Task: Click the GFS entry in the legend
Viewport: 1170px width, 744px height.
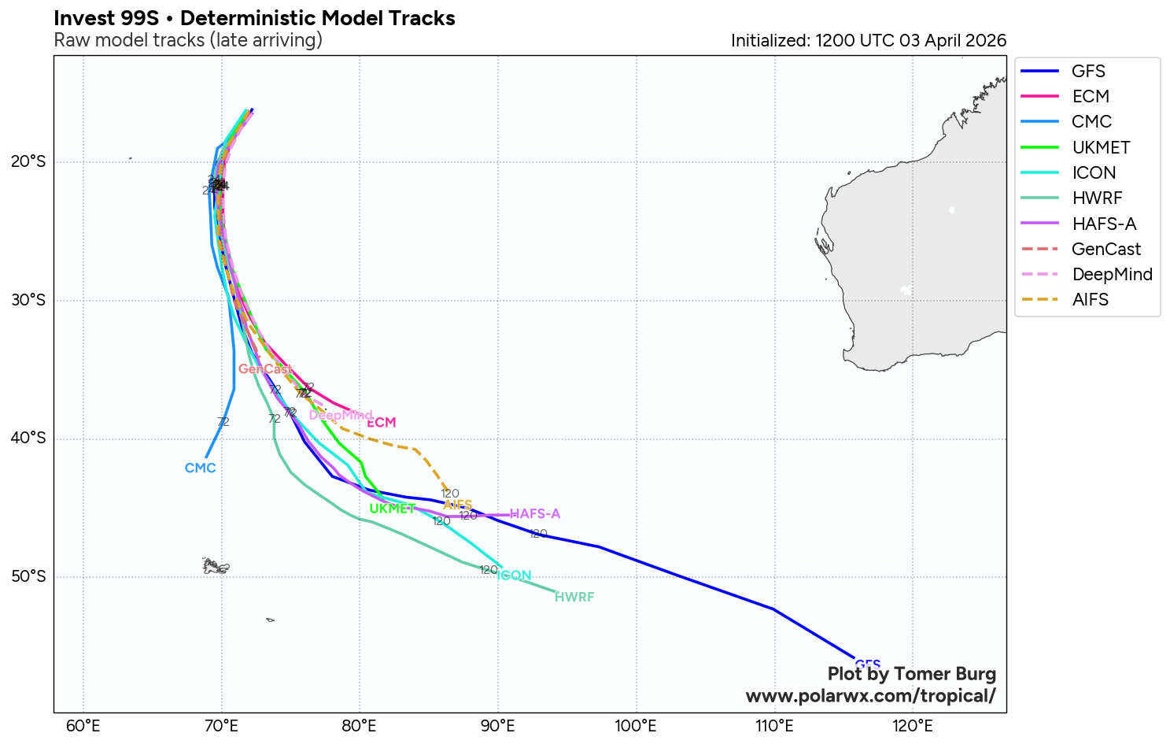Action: point(1088,72)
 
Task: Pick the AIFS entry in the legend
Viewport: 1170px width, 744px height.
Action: point(1090,300)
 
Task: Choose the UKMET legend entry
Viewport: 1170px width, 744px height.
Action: point(1101,148)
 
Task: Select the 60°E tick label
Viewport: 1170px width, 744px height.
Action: point(83,726)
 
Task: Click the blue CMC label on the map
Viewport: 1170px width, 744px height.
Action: point(200,468)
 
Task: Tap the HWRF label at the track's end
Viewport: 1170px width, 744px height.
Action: point(574,598)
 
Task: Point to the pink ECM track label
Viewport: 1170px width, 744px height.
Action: point(382,423)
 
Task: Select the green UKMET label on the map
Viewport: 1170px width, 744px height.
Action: point(392,509)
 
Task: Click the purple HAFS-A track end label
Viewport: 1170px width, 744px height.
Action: point(535,514)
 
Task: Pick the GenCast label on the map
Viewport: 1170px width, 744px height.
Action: point(265,369)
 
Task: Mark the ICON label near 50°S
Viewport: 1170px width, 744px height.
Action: point(515,576)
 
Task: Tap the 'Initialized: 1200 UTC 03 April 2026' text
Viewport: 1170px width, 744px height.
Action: point(868,41)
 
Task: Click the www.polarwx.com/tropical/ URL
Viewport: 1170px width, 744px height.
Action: point(870,696)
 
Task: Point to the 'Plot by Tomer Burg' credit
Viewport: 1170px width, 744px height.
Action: point(911,675)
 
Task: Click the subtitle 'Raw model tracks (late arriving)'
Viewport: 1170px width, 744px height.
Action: point(188,40)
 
